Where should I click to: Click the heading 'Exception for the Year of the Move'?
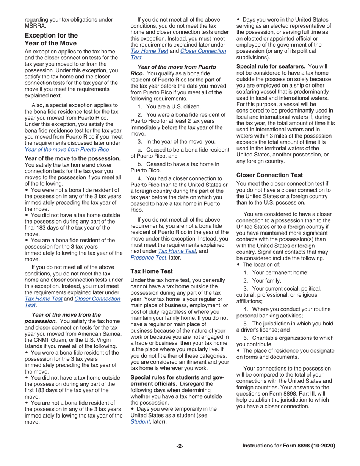click(x=51, y=39)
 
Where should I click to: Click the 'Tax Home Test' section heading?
click(x=152, y=271)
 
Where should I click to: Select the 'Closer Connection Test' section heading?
click(x=269, y=175)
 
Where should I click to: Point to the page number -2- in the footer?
click(x=180, y=446)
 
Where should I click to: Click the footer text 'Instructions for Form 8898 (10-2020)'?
click(x=289, y=446)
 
